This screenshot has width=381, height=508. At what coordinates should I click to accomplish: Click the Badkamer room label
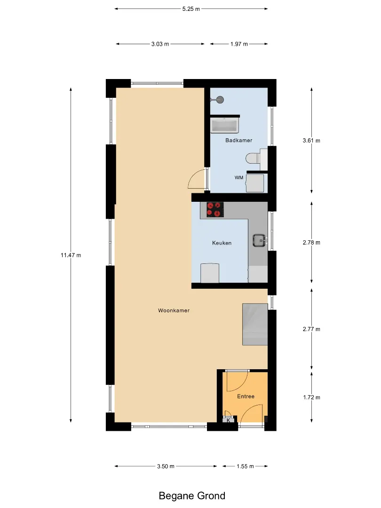click(239, 140)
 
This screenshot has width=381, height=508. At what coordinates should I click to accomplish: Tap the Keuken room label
click(222, 243)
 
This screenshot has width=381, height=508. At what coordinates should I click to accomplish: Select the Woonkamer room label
click(174, 310)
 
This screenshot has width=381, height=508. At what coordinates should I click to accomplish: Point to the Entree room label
click(246, 396)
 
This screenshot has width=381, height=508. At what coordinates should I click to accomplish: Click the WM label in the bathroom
click(239, 177)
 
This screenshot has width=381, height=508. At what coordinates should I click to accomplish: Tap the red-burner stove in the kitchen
click(215, 210)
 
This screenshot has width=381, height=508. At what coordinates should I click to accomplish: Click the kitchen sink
click(259, 240)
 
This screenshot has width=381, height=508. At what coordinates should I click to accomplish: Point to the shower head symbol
click(219, 100)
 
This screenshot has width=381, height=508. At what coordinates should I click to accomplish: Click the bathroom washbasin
click(224, 126)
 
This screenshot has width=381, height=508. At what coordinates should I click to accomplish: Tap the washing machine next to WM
click(255, 183)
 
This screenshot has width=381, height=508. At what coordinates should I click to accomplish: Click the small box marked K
click(229, 420)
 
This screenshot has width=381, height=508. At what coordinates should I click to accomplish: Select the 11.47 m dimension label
click(71, 255)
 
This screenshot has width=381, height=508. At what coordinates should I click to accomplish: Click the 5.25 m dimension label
click(191, 9)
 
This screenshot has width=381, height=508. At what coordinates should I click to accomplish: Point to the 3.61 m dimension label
click(311, 140)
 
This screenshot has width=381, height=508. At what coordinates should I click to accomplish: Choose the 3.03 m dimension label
click(160, 44)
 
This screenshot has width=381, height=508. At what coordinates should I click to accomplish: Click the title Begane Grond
click(192, 496)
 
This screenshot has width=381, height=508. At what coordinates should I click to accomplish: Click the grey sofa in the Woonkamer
click(255, 324)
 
